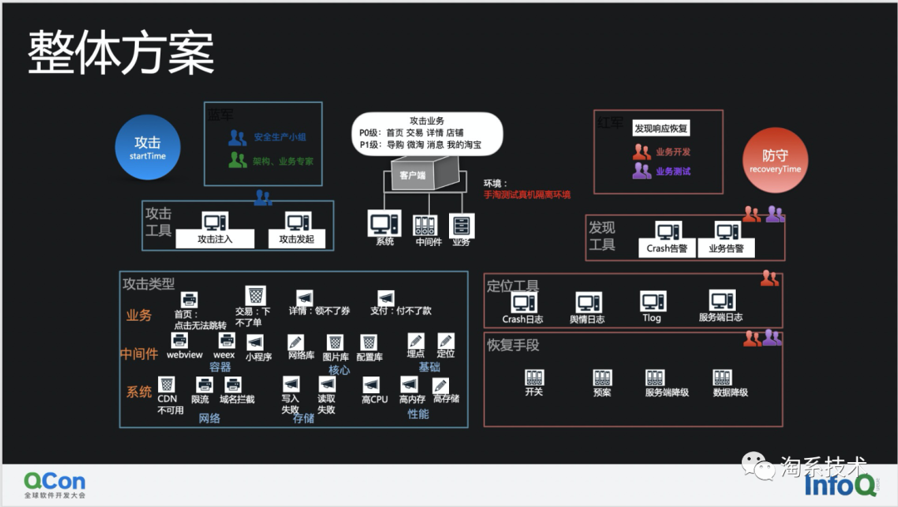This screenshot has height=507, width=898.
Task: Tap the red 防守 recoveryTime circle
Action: point(775,160)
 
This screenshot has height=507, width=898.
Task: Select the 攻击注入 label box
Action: point(215,239)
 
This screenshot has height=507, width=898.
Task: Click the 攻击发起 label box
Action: point(297,239)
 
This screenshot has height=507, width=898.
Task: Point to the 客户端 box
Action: point(413,176)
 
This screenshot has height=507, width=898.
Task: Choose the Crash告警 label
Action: point(667,248)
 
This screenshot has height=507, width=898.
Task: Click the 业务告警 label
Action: point(726,248)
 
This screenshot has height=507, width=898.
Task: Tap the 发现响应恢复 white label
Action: point(661,129)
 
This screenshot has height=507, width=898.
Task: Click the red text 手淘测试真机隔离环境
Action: point(527,195)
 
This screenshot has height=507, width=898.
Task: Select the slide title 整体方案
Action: point(121,54)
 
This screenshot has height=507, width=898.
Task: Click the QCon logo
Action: point(54,483)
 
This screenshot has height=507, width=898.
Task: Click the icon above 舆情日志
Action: point(588,302)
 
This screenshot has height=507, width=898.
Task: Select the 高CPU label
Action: point(374,400)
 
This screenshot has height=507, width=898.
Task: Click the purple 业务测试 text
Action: point(673,171)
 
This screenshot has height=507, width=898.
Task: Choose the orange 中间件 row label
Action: point(138,354)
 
